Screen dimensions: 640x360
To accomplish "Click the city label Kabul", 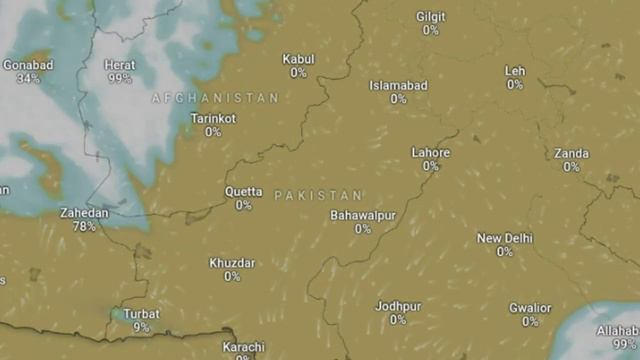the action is coord(298,59).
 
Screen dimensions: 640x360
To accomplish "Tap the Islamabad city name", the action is coord(398,86).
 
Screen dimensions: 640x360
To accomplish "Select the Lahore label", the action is coord(431,153).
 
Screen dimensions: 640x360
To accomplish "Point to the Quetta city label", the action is coord(243,192).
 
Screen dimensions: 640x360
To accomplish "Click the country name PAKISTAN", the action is coord(318,195).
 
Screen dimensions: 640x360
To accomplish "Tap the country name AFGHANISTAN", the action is coord(215,98).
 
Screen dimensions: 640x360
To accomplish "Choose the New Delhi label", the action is coord(504,239).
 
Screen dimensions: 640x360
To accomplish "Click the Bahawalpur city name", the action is coord(363,216).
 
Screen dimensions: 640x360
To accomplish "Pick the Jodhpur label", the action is coord(398,306).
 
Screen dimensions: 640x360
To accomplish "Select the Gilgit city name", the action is coord(430,17).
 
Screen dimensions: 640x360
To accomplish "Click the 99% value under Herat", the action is coord(120,78).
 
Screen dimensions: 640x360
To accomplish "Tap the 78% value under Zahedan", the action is coord(84,227).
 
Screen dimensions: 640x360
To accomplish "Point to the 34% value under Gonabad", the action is coord(28,78).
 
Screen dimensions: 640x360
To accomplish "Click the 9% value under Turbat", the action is coord(141,327).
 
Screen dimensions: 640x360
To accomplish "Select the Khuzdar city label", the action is coord(232,263).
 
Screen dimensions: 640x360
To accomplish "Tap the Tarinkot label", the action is coord(213,118).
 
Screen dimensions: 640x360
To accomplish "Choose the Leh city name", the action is coord(514,71).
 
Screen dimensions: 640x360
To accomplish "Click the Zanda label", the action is coord(571,153).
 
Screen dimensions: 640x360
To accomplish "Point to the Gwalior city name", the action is coord(530,308).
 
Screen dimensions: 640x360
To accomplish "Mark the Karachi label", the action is coord(243,347).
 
